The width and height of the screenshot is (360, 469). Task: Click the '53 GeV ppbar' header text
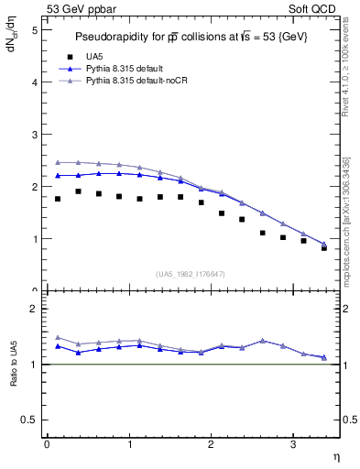[x=80, y=8]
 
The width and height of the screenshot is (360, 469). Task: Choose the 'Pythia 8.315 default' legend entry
[x=127, y=69]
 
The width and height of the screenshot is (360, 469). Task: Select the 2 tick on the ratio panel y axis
[x=33, y=309]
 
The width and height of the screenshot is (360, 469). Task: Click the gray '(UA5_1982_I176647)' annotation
[x=191, y=273]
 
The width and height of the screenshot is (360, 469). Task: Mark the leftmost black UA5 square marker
[x=58, y=199]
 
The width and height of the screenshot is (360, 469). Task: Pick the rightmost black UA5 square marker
[x=324, y=248]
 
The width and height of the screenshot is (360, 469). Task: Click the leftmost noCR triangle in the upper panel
[x=58, y=162]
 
